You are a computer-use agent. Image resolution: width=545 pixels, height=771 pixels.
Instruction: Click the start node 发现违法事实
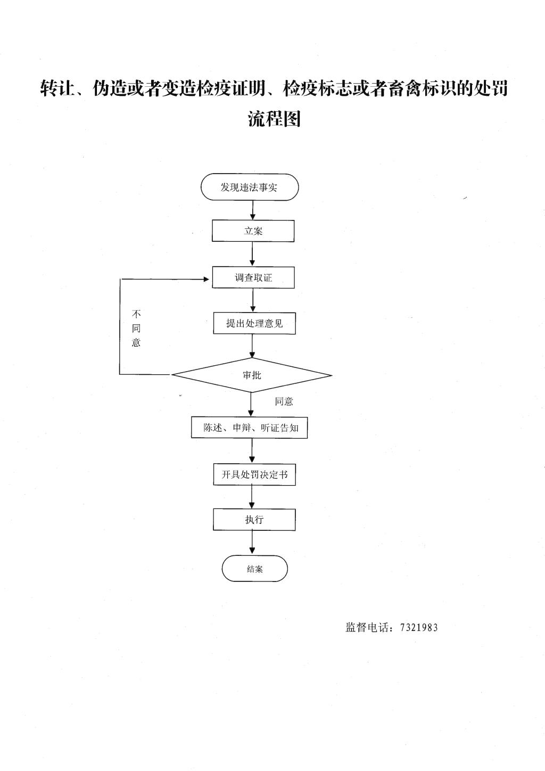click(x=250, y=187)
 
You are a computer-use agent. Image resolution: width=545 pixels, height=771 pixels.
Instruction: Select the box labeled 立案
click(x=253, y=231)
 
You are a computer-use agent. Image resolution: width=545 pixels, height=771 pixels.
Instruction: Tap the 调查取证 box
click(x=253, y=277)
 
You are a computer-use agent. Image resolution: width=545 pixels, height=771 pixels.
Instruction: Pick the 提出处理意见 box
click(x=254, y=323)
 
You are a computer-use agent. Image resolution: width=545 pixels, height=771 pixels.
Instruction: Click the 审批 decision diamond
click(x=252, y=375)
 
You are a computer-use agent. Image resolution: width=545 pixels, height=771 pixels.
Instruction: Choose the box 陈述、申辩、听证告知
click(x=250, y=428)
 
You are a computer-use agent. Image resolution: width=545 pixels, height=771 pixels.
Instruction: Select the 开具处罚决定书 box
click(x=254, y=474)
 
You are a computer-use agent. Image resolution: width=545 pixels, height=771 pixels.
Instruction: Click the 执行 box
click(x=254, y=519)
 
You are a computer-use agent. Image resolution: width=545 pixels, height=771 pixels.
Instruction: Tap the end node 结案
click(x=254, y=569)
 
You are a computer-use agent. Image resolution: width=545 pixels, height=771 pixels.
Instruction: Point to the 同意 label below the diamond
click(x=284, y=401)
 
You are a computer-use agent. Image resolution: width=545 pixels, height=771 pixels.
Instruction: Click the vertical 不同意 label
click(x=136, y=328)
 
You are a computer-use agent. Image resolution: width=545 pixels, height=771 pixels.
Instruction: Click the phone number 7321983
click(x=419, y=627)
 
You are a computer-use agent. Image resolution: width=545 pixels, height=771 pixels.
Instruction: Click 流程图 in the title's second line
click(x=274, y=119)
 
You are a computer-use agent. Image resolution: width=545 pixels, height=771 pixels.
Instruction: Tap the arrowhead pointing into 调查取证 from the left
click(x=207, y=279)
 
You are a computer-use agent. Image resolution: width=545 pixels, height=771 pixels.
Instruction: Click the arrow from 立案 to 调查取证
click(x=253, y=254)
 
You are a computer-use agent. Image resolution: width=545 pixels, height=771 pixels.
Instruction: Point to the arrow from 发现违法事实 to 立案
click(x=253, y=210)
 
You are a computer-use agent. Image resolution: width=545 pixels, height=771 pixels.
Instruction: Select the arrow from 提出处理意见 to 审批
click(x=253, y=346)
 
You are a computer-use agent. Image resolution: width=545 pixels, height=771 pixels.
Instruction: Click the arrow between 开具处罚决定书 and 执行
click(x=252, y=497)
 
